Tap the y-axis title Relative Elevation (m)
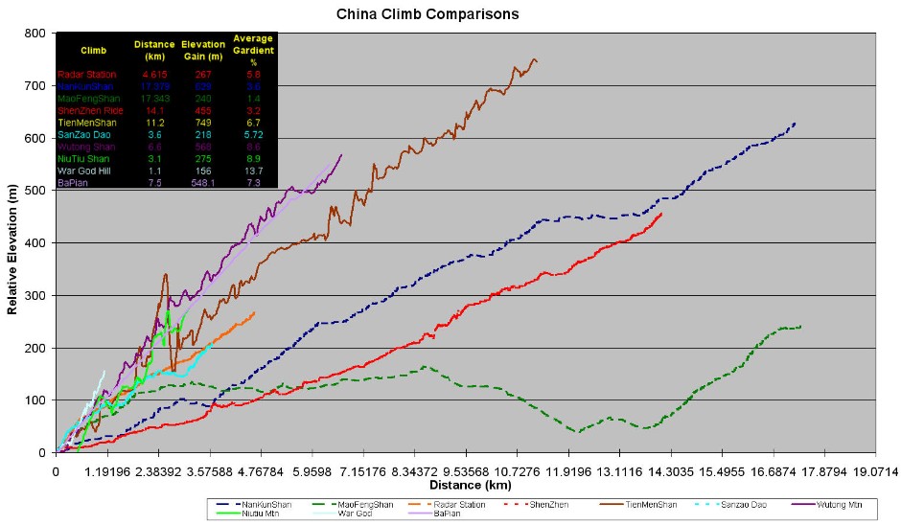coord(12,243)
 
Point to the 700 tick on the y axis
coord(36,86)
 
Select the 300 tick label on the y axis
coord(36,296)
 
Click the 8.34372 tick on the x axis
coord(414,470)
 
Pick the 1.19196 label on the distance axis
coord(106,470)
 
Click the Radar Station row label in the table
coord(87,74)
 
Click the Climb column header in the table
coord(94,50)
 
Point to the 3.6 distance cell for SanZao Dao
coord(154,136)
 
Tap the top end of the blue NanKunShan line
coord(795,123)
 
